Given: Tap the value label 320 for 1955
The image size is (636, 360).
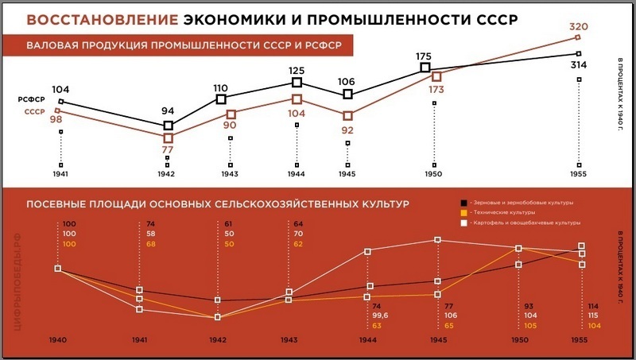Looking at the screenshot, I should (x=579, y=27).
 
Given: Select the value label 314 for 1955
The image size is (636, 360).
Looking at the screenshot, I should (x=579, y=65).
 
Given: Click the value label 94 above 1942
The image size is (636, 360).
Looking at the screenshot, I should (x=168, y=110).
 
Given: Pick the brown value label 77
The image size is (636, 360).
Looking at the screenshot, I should (x=168, y=149).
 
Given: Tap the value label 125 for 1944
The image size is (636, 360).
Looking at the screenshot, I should (x=297, y=70).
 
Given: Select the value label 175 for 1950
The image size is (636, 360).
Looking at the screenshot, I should (x=425, y=56).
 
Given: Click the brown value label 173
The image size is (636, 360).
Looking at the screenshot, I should (x=436, y=91).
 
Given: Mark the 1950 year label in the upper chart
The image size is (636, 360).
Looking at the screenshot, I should (x=433, y=173).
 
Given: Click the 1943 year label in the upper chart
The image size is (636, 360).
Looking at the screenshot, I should (x=230, y=173).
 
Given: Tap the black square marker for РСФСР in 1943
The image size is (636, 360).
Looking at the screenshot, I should (x=221, y=99).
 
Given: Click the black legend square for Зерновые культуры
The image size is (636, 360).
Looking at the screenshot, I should (x=463, y=203).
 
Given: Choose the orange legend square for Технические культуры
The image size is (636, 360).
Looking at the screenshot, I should (x=463, y=213).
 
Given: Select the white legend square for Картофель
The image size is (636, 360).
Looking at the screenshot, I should (x=463, y=223).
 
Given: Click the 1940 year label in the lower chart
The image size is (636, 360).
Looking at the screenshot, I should (x=57, y=339).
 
